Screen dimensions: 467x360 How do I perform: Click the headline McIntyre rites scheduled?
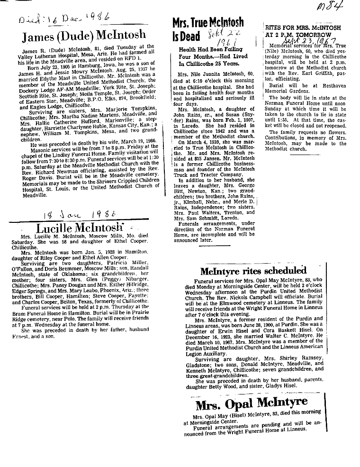(x=253, y=271)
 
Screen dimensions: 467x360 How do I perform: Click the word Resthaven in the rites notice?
(x=317, y=87)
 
